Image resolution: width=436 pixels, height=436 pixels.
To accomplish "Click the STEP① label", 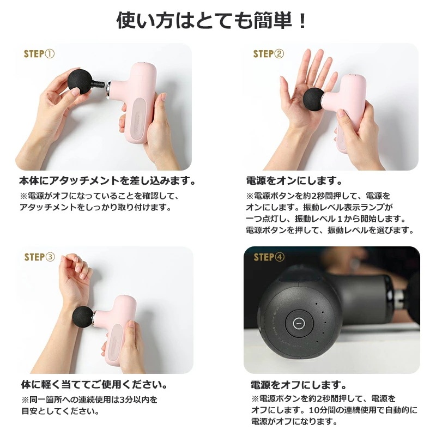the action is [39, 53].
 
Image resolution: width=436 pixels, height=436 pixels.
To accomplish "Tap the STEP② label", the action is [269, 53].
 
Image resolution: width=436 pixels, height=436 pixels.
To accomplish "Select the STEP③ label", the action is [39, 257].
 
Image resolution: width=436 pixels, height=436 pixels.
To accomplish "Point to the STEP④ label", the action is [269, 257].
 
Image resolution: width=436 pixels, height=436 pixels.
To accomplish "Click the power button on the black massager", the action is [299, 323].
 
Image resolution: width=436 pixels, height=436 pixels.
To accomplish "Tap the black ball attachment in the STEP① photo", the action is [80, 81].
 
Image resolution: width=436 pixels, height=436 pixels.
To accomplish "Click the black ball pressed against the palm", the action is [314, 100].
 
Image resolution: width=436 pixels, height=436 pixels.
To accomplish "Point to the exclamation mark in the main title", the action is [302, 21].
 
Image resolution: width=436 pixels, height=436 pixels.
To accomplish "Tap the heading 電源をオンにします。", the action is [294, 181].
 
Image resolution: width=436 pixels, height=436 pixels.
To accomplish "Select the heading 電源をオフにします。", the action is [299, 385].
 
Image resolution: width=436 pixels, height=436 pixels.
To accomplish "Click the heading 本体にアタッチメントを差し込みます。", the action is [107, 181].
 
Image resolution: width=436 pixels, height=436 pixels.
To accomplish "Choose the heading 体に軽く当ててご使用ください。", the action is [95, 385].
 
